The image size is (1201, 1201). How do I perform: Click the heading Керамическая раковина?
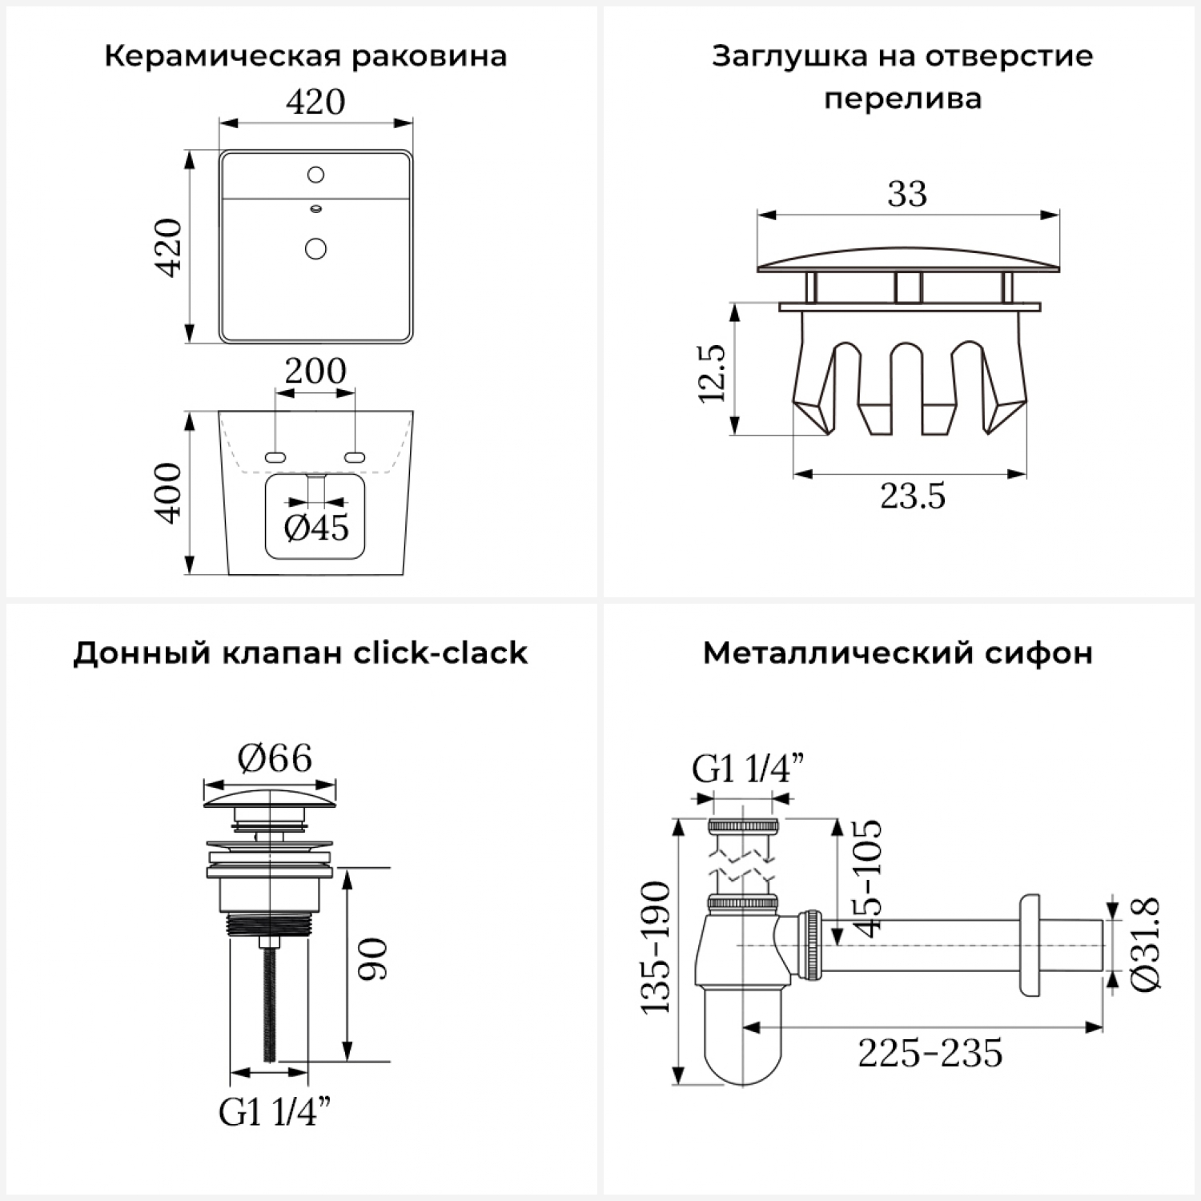[x=305, y=57]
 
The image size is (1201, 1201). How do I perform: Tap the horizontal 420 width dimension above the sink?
[x=315, y=102]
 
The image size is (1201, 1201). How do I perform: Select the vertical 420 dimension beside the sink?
[x=169, y=247]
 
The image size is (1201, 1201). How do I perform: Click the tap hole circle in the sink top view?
[x=315, y=175]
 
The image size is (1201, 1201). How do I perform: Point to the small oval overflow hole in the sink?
[x=315, y=209]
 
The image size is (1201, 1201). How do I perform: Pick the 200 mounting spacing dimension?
[x=315, y=372]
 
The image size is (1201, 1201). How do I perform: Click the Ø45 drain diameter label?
[x=317, y=528]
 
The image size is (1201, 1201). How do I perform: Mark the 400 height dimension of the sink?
[x=169, y=493]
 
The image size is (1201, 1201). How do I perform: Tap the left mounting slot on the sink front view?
[x=275, y=457]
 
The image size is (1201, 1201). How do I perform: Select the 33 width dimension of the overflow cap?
[x=907, y=194]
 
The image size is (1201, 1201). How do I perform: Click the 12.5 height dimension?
[x=712, y=373]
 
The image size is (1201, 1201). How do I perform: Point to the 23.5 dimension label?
[x=913, y=496]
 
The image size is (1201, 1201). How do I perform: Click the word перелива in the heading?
[x=902, y=99]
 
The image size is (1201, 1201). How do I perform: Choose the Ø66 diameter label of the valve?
[x=275, y=758]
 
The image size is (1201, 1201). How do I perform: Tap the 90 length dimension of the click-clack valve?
[x=373, y=959]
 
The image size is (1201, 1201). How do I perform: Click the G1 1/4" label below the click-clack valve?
[x=275, y=1112]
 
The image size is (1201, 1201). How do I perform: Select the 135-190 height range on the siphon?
[x=656, y=947]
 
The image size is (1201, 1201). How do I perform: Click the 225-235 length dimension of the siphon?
[x=930, y=1053]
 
